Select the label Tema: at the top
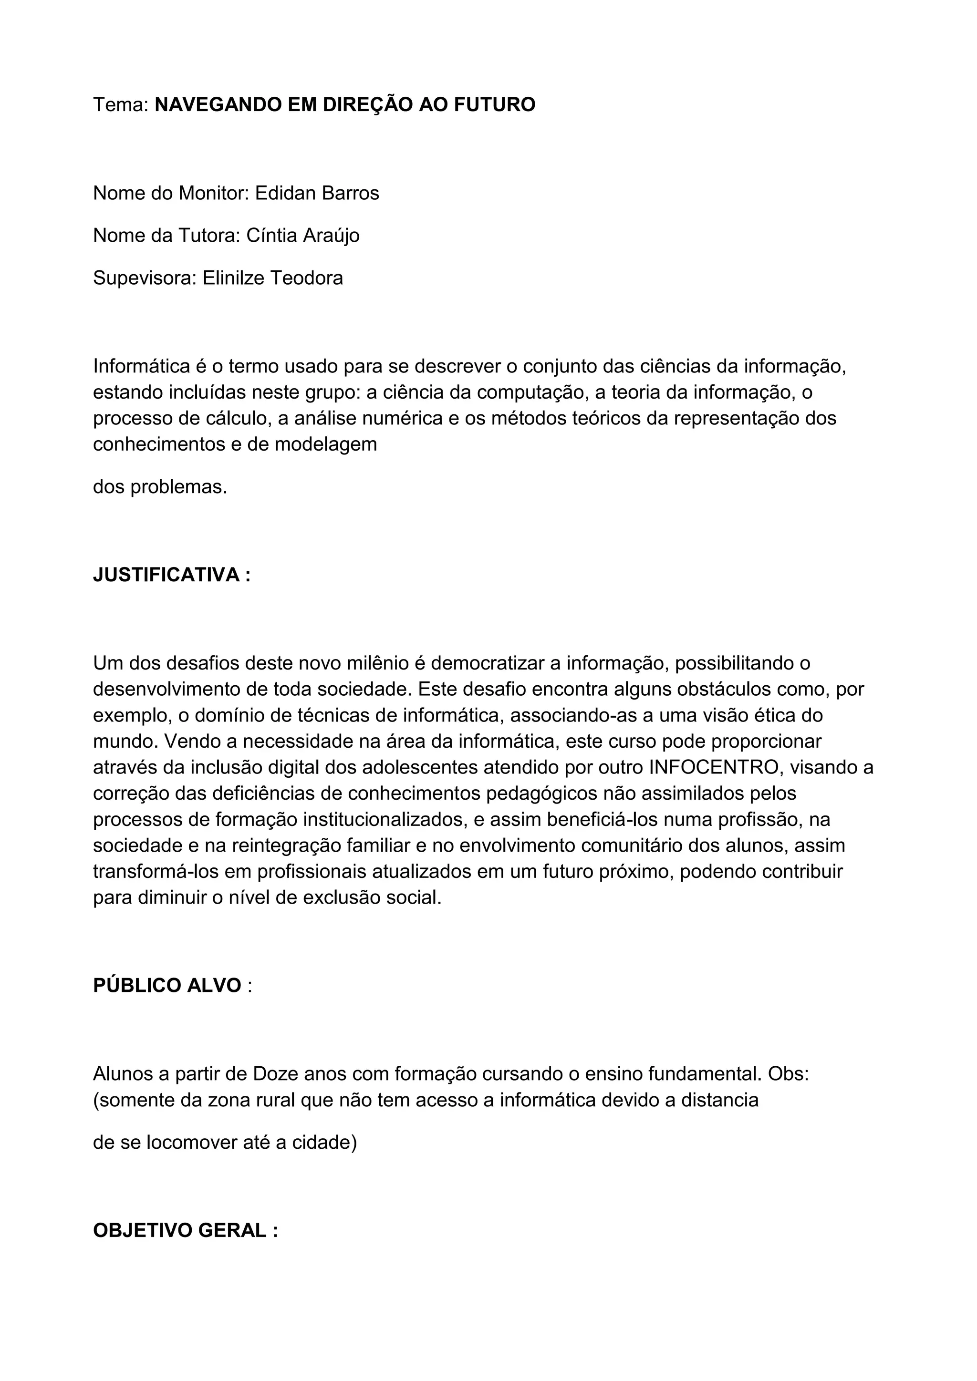(120, 104)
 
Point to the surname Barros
(351, 193)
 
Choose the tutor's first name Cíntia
(272, 235)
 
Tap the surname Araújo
(331, 236)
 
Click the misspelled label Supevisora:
(145, 278)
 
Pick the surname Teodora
(307, 278)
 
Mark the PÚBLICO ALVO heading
(166, 985)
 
